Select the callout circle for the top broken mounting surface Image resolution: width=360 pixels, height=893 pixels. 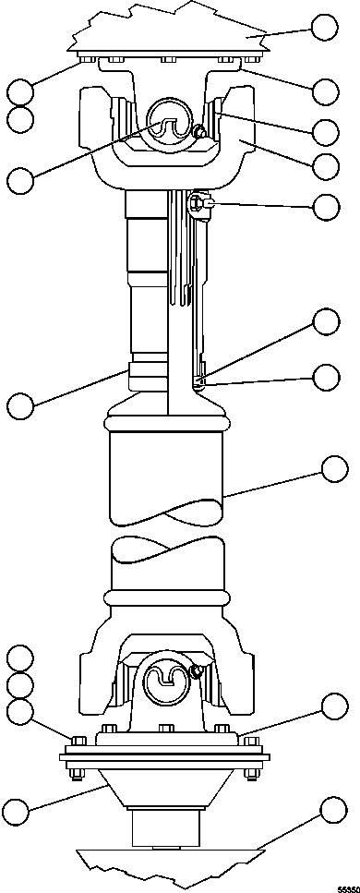[x=324, y=28]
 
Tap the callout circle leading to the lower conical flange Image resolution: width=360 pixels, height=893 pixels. [x=18, y=811]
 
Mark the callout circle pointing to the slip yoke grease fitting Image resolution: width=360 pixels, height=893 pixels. [x=326, y=207]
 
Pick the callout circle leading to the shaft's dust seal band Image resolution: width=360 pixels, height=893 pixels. [x=19, y=404]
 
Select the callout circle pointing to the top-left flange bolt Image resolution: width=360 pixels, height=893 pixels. [x=19, y=91]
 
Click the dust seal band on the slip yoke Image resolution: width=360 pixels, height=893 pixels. [x=148, y=375]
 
